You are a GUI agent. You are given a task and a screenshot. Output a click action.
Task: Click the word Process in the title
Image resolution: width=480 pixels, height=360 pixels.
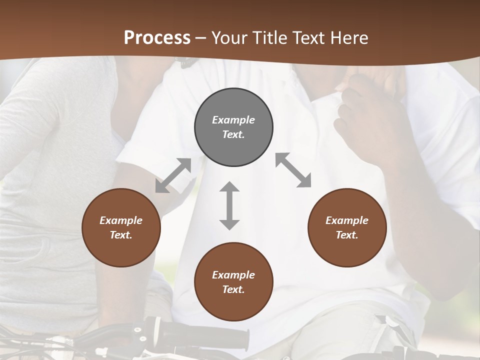pos(157,38)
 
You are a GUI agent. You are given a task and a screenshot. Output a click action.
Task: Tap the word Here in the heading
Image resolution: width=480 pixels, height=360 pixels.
pos(348,38)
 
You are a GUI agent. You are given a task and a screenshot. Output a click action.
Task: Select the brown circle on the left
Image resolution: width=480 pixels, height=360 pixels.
pos(121,227)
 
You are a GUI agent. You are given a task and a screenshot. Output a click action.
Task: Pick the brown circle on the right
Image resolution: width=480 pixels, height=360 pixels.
pos(347,227)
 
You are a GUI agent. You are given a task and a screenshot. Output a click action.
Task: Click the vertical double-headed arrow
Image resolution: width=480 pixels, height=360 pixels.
pos(229,205)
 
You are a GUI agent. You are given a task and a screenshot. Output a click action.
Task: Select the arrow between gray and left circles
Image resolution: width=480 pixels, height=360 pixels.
pos(173,175)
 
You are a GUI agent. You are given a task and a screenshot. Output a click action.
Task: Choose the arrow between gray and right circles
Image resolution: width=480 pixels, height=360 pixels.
pos(293,170)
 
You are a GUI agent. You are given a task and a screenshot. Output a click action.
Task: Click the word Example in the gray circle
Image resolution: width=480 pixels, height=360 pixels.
pos(233,120)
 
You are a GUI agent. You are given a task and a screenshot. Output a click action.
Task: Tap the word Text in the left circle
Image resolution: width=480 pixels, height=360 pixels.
pos(121,235)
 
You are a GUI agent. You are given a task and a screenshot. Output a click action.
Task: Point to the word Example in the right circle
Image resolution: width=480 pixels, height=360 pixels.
pos(347,220)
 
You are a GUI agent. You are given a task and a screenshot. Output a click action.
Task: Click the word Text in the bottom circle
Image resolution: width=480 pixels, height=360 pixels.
pos(233,289)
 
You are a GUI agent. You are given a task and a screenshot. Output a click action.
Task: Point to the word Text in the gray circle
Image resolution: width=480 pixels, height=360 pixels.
pos(233,134)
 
